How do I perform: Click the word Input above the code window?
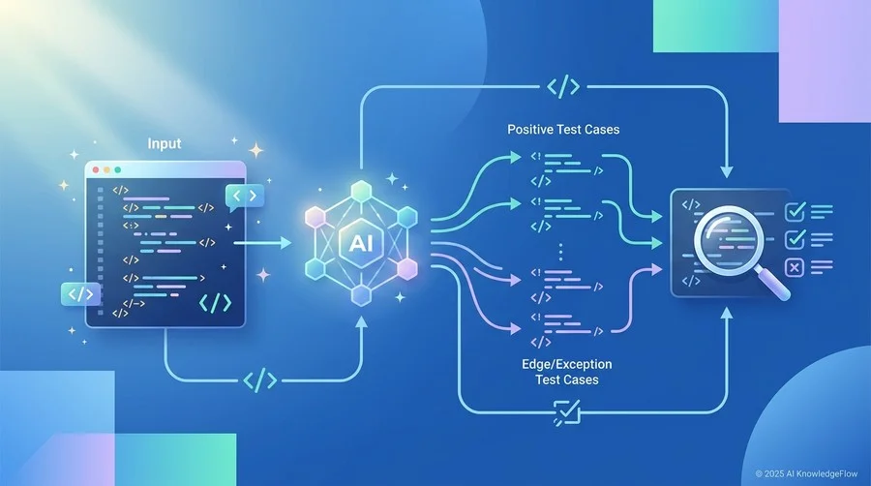tap(165, 143)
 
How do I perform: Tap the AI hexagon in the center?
tap(362, 243)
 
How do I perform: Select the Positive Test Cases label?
tap(563, 130)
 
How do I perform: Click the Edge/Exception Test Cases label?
tap(567, 372)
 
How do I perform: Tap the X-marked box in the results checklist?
tap(795, 268)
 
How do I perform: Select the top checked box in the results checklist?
tap(795, 212)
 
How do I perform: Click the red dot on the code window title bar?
tap(96, 170)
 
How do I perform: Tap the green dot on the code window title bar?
tap(117, 170)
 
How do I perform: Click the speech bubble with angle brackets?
tap(245, 197)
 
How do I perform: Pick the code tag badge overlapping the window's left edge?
tap(80, 293)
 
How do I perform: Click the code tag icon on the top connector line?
tap(563, 86)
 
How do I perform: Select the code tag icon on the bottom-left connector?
tap(260, 380)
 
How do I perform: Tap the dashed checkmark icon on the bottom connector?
tap(567, 412)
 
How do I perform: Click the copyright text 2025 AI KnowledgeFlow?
tap(806, 473)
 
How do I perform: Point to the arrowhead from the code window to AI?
tap(286, 243)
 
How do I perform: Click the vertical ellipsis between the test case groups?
tap(560, 252)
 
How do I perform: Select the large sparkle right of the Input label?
tap(256, 150)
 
